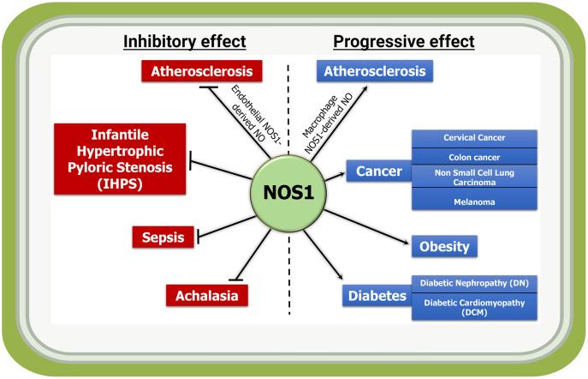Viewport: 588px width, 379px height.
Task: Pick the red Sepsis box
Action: tap(163, 238)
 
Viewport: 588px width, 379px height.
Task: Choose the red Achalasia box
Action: tap(206, 296)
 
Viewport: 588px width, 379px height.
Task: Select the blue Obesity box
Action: tap(444, 247)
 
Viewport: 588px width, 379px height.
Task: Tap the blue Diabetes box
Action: tap(377, 297)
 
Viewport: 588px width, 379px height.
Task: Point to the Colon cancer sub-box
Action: tap(474, 157)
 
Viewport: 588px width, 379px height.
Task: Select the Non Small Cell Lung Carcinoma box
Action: tap(474, 177)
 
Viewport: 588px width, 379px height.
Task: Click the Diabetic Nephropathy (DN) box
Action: tap(474, 282)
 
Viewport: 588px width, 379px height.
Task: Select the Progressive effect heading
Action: tap(404, 41)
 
